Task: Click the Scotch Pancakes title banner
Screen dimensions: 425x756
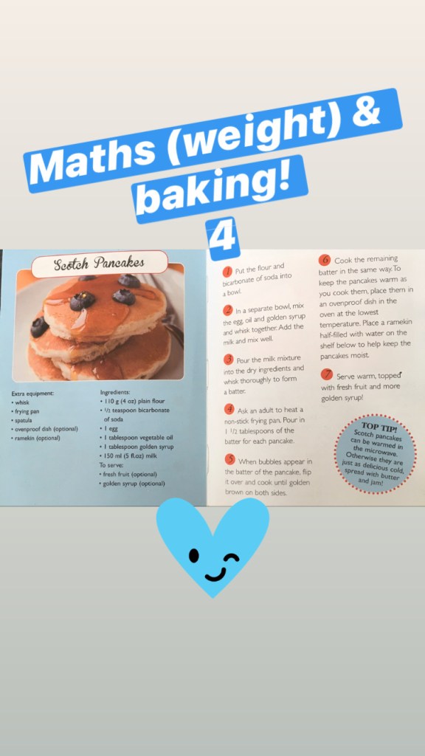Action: pyautogui.click(x=100, y=264)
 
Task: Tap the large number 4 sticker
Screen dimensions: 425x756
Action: pyautogui.click(x=222, y=238)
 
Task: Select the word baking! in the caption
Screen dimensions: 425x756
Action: pyautogui.click(x=215, y=189)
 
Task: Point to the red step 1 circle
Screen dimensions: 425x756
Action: pyautogui.click(x=228, y=272)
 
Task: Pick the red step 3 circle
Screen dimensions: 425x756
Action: pyautogui.click(x=229, y=360)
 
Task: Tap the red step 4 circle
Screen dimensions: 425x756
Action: pyautogui.click(x=229, y=410)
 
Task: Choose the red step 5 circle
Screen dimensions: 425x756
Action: pyautogui.click(x=230, y=460)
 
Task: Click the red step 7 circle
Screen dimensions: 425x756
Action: pyautogui.click(x=327, y=374)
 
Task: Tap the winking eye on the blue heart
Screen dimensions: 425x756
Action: pyautogui.click(x=233, y=558)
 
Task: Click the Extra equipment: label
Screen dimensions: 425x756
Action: pyautogui.click(x=32, y=394)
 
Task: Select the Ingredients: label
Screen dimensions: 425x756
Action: pyautogui.click(x=114, y=393)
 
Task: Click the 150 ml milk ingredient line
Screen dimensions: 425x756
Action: pyautogui.click(x=128, y=456)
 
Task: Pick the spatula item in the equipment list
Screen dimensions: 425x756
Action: pyautogui.click(x=21, y=421)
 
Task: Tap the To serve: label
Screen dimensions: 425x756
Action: pyautogui.click(x=111, y=465)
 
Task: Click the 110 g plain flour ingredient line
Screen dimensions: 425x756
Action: pyautogui.click(x=132, y=401)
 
